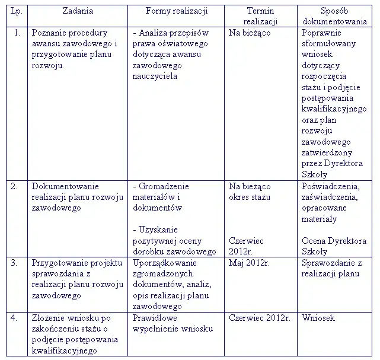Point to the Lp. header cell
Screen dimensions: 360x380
(x=16, y=11)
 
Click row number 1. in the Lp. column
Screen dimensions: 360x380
(x=17, y=33)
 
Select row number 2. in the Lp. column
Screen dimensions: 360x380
(x=17, y=186)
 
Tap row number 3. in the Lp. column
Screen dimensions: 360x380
(x=17, y=262)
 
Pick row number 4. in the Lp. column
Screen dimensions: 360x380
(x=17, y=318)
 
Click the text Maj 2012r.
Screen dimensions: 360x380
(x=249, y=262)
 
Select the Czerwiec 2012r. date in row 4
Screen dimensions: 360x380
(x=259, y=318)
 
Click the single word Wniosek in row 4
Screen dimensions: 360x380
(x=318, y=318)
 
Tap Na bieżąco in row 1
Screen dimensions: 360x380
(x=250, y=33)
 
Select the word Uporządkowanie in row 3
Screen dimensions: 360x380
(x=163, y=262)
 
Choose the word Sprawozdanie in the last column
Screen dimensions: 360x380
(x=328, y=262)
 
